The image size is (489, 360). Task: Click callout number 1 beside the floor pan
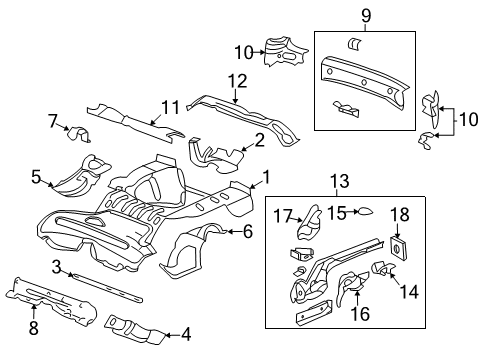266,178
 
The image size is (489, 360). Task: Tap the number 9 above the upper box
365,15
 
